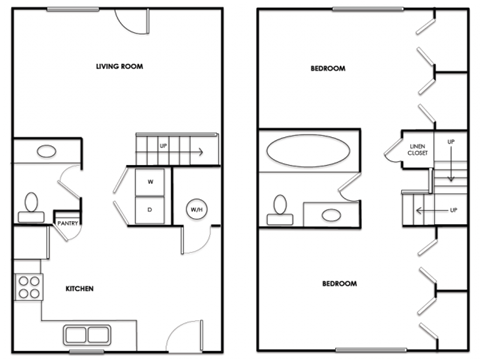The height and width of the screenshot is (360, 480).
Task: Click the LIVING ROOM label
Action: pos(117,67)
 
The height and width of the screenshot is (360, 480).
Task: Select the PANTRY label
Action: pos(68,223)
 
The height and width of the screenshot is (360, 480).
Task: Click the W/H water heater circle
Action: pos(196,210)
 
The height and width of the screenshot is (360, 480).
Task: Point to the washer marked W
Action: pos(150,182)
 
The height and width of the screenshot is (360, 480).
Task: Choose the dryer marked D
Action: pos(150,210)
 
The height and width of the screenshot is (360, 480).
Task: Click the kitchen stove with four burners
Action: pos(29,288)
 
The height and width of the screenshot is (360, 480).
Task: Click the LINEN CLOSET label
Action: pos(417,151)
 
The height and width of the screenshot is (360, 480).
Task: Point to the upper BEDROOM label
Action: pos(328,68)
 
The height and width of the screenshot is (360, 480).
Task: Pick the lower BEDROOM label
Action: pos(340,285)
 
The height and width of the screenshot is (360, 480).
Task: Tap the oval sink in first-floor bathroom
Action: pos(46,153)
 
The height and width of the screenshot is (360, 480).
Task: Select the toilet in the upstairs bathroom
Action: pos(279,208)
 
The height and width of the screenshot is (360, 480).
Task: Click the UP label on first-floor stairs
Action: pos(164,147)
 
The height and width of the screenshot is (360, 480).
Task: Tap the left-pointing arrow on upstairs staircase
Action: pos(428,211)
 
